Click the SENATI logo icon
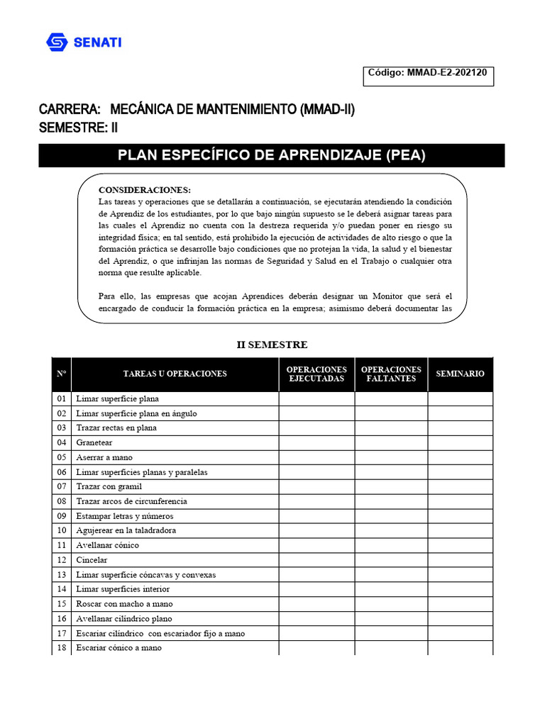click(x=57, y=43)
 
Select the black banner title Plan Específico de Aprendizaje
click(x=272, y=155)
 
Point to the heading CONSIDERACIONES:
click(x=144, y=190)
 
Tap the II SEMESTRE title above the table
click(x=272, y=345)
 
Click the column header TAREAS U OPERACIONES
click(x=175, y=374)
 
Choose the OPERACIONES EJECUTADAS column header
click(x=316, y=374)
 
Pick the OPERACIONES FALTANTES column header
click(x=391, y=374)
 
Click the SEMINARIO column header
click(x=460, y=374)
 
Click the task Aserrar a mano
click(x=104, y=457)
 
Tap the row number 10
click(x=62, y=530)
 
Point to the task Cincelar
click(x=93, y=560)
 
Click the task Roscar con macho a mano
click(x=124, y=604)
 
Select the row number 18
click(x=62, y=647)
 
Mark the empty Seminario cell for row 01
click(x=460, y=398)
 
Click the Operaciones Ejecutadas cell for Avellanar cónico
click(x=316, y=545)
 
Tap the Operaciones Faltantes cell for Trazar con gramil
click(x=391, y=486)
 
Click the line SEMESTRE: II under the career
click(x=79, y=128)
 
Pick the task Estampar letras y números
click(x=125, y=516)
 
